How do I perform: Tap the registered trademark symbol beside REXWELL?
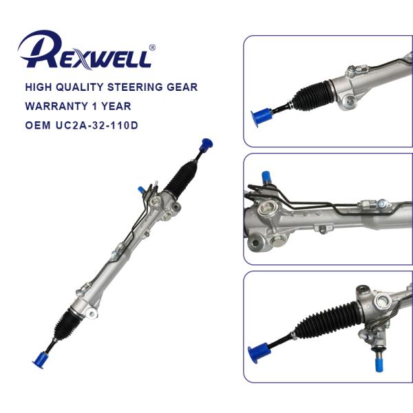[152, 47]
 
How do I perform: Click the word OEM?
[37, 126]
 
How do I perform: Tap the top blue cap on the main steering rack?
[205, 144]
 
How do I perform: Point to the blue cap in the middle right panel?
[266, 178]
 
